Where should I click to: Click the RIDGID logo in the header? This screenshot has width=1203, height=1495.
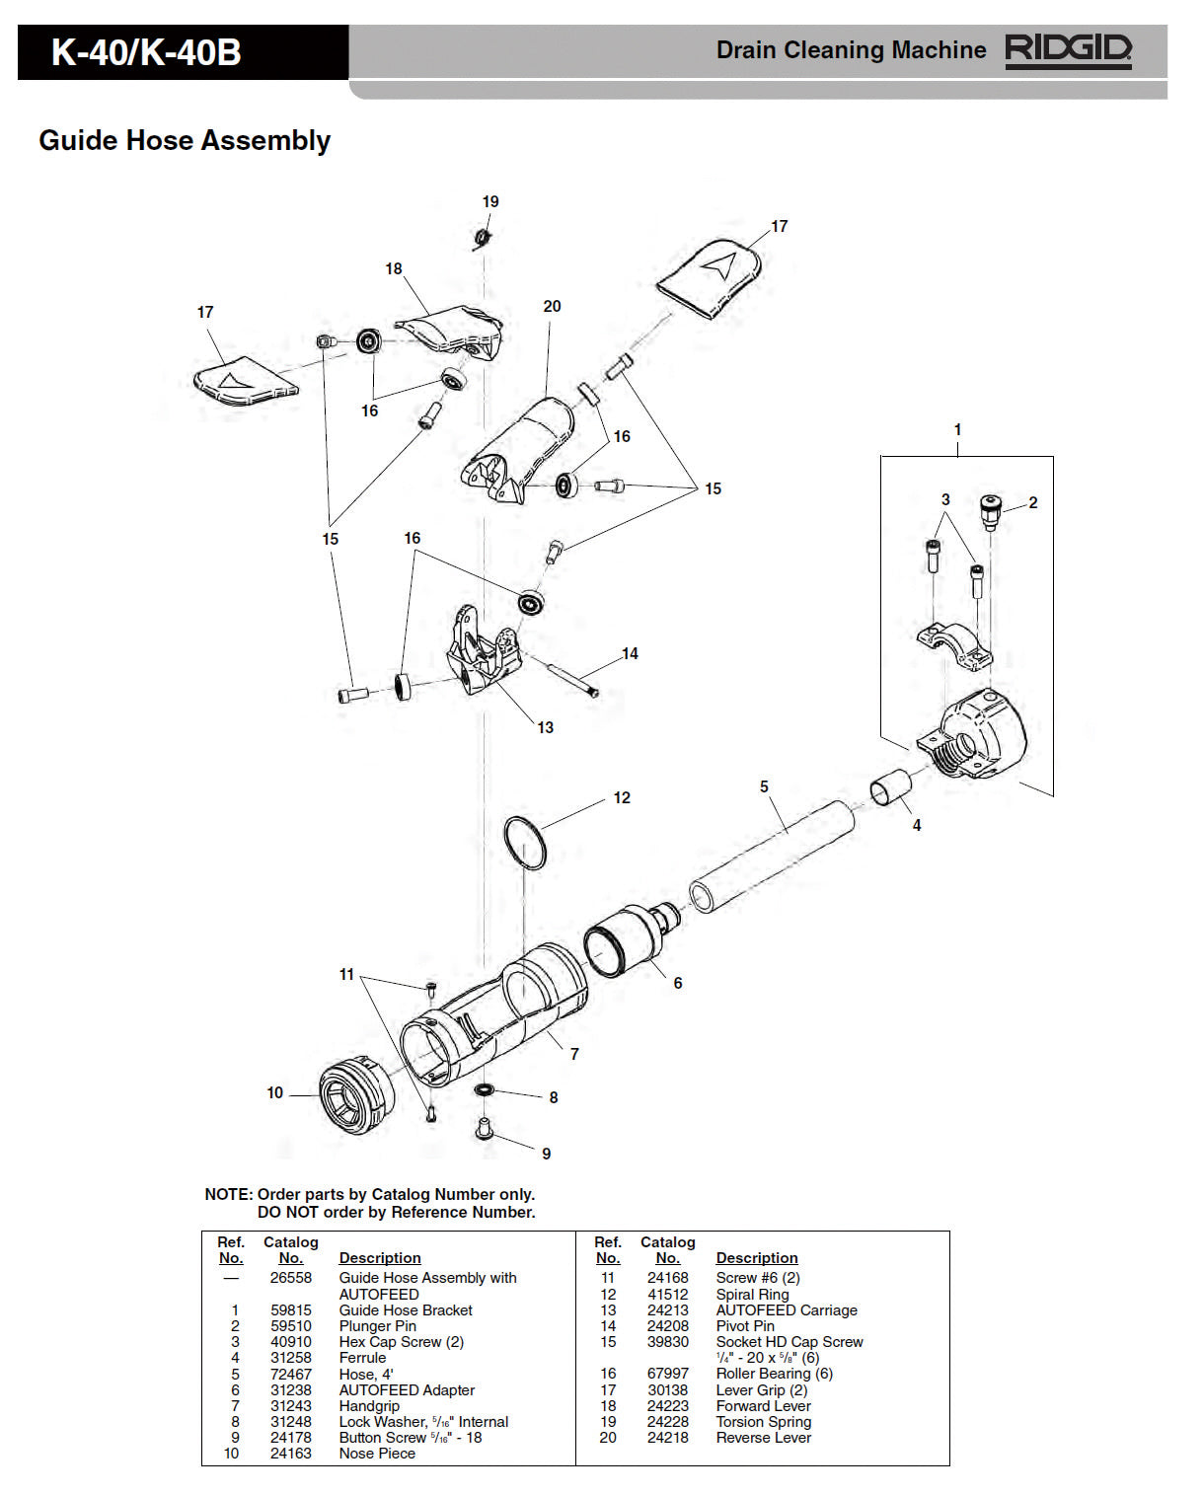click(1068, 50)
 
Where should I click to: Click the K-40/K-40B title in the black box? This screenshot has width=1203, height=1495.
click(146, 52)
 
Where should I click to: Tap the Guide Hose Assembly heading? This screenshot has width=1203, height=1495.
click(185, 140)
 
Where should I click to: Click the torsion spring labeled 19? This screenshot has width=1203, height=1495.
click(482, 238)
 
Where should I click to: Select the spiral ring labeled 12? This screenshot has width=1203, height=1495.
click(524, 843)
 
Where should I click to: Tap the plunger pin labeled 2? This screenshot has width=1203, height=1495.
click(990, 511)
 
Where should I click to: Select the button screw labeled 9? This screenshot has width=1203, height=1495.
click(485, 1127)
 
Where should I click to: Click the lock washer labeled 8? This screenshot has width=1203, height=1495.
click(485, 1090)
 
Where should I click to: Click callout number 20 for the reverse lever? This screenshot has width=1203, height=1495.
click(552, 307)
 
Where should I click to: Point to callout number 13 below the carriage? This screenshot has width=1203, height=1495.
click(545, 727)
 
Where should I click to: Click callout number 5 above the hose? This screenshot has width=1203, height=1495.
click(764, 786)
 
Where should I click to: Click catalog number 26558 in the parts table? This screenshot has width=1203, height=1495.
click(290, 1278)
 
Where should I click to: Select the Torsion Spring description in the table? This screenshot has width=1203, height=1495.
click(763, 1422)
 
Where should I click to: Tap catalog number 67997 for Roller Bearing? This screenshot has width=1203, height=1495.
click(667, 1374)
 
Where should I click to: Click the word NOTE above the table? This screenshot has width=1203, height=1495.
click(228, 1194)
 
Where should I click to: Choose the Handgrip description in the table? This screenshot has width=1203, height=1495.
click(369, 1406)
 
